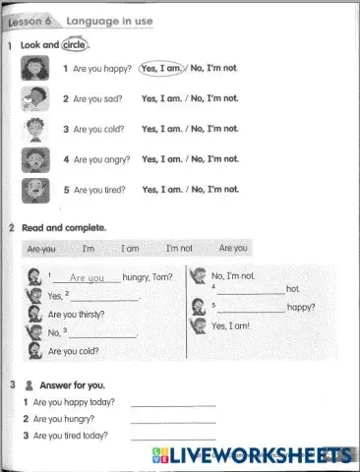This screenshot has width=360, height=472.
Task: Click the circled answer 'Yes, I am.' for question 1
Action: click(163, 69)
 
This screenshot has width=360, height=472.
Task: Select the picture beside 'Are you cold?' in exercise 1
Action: click(34, 129)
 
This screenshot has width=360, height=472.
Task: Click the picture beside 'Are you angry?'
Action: click(34, 159)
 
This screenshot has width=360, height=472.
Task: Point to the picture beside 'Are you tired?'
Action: click(34, 189)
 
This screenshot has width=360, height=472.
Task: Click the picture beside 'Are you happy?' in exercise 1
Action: click(34, 69)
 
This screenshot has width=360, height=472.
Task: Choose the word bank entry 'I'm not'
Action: click(179, 249)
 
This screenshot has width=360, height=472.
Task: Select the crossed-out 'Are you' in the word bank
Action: click(41, 249)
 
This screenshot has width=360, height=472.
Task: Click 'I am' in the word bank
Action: click(130, 249)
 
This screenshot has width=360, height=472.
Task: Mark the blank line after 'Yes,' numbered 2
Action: click(102, 298)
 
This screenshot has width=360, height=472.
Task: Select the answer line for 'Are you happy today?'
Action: click(172, 404)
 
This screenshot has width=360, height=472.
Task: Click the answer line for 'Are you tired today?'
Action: click(172, 437)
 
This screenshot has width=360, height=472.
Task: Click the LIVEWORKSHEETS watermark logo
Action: click(252, 455)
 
